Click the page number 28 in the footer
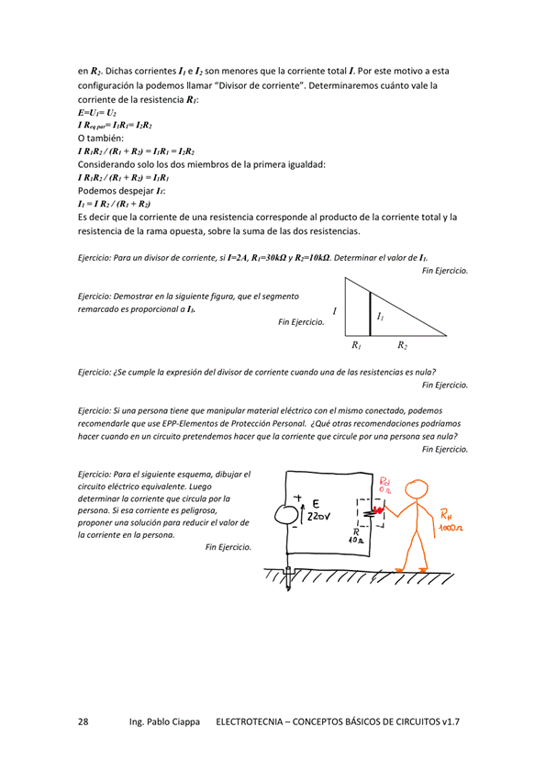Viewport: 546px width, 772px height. click(83, 722)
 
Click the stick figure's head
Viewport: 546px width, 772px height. click(417, 493)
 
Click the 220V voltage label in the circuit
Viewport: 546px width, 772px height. click(319, 518)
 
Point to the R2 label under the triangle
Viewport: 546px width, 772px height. click(403, 346)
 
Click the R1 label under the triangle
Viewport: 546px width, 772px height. click(356, 346)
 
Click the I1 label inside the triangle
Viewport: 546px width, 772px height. click(381, 316)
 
